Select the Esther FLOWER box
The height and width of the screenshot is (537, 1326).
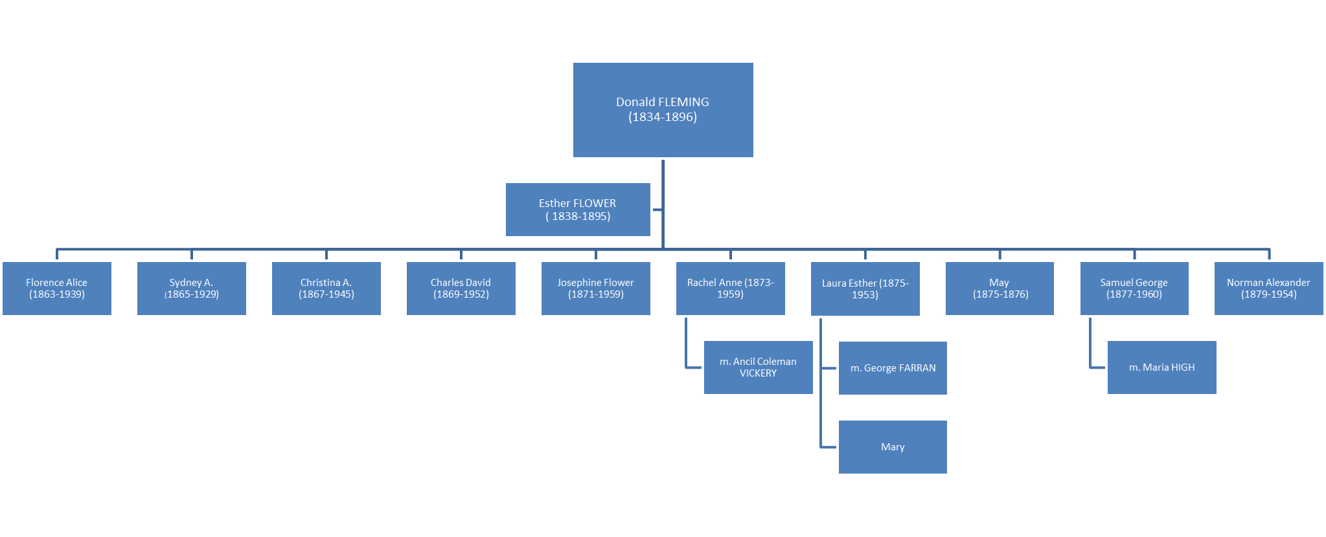click(577, 209)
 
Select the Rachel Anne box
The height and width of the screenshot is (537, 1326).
click(730, 289)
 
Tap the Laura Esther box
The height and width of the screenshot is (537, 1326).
click(865, 289)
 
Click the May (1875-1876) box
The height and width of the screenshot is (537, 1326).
click(1000, 289)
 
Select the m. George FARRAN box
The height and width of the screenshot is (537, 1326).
click(893, 368)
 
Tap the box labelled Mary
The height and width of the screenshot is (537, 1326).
click(893, 447)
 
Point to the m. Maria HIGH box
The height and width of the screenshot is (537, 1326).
click(1161, 367)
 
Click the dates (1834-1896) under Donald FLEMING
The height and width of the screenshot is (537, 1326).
click(663, 117)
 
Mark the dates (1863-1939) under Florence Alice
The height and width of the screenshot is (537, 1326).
click(57, 294)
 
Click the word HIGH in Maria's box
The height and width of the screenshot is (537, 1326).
click(1183, 367)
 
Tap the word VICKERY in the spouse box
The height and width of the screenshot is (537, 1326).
click(758, 373)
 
